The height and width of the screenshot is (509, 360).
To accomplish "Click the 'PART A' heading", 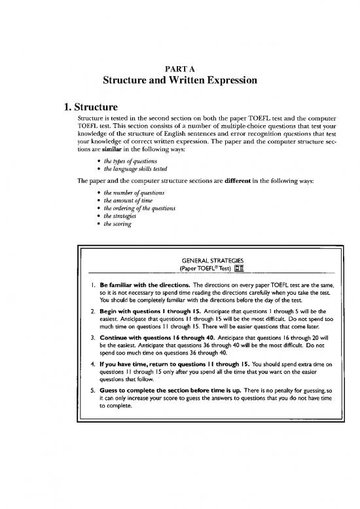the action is pos(180,66).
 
